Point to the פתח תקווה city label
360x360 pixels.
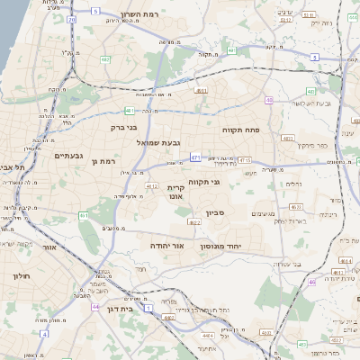tap(241, 130)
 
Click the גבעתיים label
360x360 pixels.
tap(68, 156)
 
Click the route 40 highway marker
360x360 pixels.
tap(270, 101)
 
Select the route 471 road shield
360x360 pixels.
tap(195, 157)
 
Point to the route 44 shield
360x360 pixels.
tap(95, 307)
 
